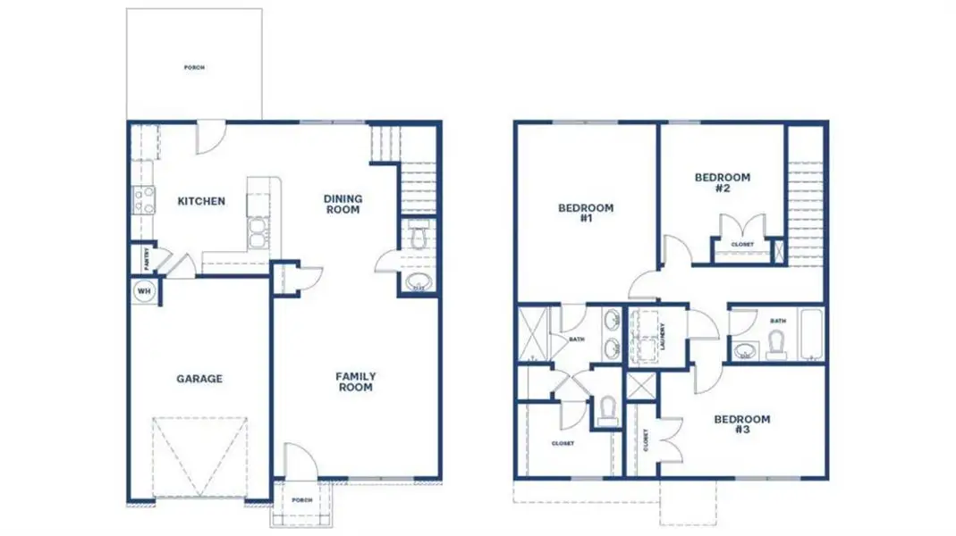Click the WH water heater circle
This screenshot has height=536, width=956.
(x=143, y=290)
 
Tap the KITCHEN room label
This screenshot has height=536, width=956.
(x=200, y=201)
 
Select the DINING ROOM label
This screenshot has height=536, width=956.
(x=343, y=204)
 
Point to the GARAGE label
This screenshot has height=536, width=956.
(x=199, y=379)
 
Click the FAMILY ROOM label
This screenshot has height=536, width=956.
(x=355, y=381)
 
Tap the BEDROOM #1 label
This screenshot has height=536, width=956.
(x=586, y=213)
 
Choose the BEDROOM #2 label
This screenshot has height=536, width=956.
(x=723, y=182)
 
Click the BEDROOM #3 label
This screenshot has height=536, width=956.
(x=741, y=424)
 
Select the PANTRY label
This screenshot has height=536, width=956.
(x=145, y=258)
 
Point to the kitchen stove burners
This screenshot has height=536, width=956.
(x=143, y=198)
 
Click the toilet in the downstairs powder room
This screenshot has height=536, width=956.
(x=417, y=239)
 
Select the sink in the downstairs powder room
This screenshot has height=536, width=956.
(x=417, y=285)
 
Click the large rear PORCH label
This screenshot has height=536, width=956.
(x=194, y=67)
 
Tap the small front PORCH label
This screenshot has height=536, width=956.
(x=301, y=500)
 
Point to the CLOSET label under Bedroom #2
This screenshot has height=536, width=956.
(x=742, y=245)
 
